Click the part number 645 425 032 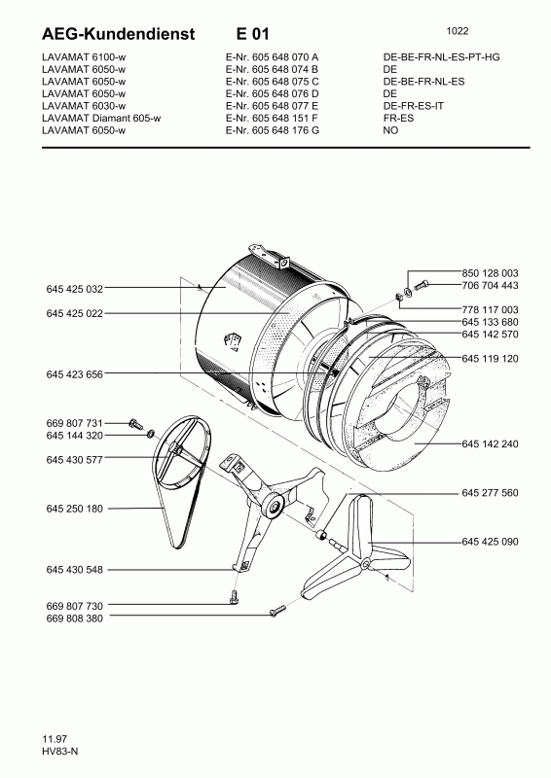(74, 289)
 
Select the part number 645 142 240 (491, 443)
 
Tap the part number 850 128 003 (491, 273)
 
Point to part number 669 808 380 (74, 617)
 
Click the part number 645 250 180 (74, 509)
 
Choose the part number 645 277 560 (491, 493)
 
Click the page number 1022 (464, 29)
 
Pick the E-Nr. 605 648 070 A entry (264, 57)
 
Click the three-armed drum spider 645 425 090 (358, 559)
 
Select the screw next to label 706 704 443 (422, 285)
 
